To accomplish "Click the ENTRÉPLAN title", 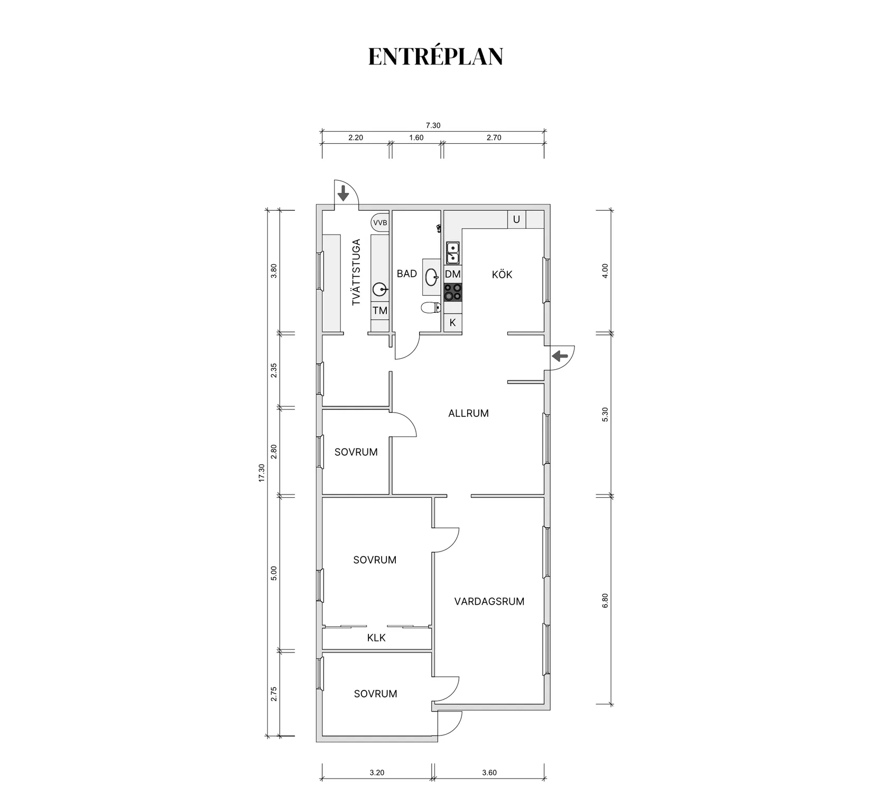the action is [435, 57].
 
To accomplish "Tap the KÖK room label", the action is [502, 274].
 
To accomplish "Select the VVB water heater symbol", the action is [380, 222].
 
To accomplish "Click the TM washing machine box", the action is [380, 311].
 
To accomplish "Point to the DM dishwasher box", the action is [453, 274].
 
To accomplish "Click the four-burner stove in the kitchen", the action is [453, 292].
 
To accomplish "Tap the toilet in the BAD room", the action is [431, 307].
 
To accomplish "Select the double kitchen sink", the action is [453, 253].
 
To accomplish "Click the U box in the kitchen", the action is [516, 219].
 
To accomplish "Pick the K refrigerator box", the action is [453, 322].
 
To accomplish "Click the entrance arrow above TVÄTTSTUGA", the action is [344, 193].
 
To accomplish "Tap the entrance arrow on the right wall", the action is [560, 357].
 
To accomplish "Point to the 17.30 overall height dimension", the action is [261, 473].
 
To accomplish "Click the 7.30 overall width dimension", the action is [433, 126].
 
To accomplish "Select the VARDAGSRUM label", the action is [489, 601].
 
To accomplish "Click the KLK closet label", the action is [376, 638].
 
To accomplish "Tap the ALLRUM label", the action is [468, 414].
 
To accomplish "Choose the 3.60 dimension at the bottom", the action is [489, 772].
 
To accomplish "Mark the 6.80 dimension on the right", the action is [605, 600].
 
